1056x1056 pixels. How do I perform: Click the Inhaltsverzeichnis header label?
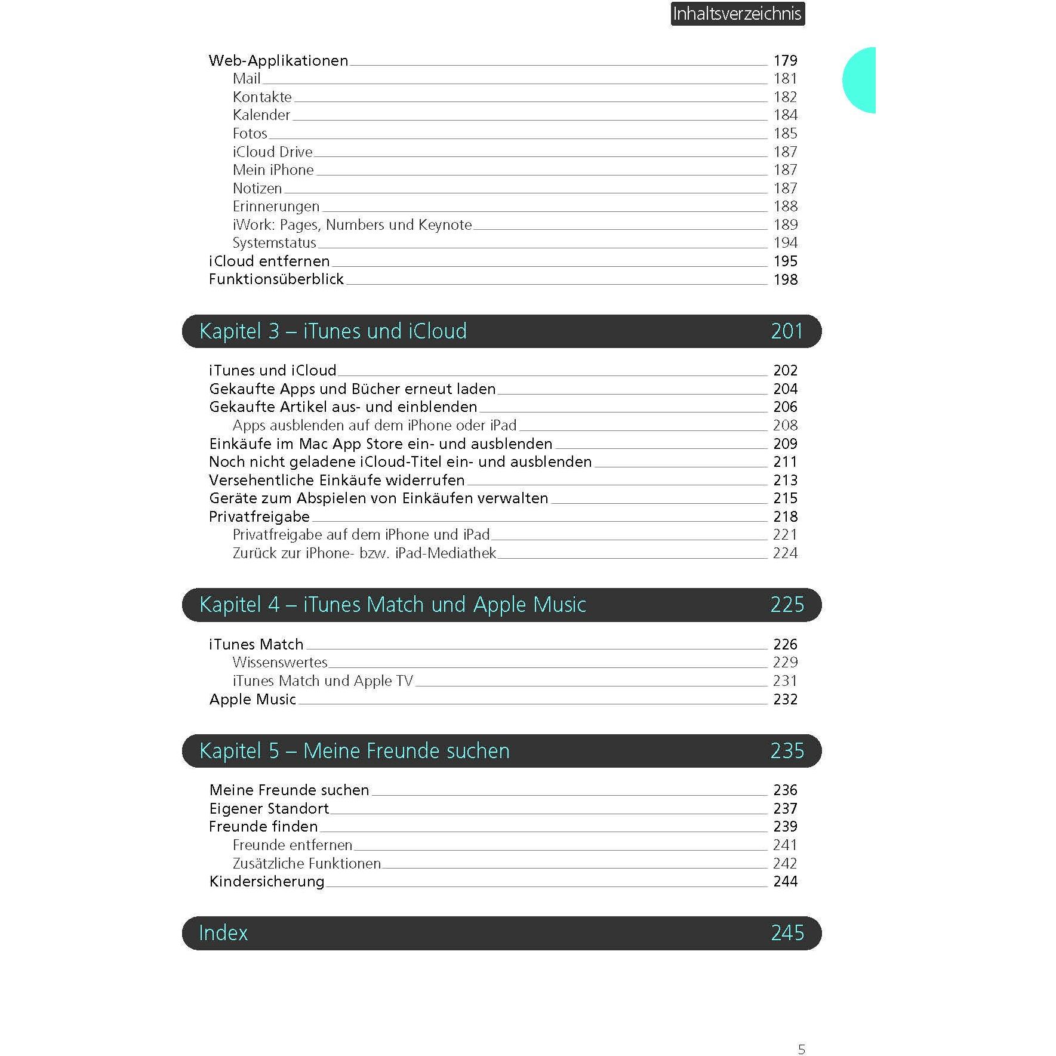point(737,14)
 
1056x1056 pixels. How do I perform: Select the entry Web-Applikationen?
point(278,60)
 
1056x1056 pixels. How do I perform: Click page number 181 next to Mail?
point(785,79)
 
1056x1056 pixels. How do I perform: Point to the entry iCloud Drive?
point(272,152)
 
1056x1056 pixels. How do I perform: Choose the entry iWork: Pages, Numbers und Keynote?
point(352,224)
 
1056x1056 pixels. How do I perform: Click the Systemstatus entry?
point(274,243)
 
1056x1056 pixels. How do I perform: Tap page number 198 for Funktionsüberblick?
point(785,279)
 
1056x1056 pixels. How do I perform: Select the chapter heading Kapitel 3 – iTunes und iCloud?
point(332,331)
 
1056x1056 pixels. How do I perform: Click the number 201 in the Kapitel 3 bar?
point(787,331)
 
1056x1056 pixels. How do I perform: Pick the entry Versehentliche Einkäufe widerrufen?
point(337,480)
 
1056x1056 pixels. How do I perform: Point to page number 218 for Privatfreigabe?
point(785,516)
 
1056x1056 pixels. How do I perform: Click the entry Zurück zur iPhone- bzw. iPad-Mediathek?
point(364,553)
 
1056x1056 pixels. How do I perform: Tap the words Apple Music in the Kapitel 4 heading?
point(529,605)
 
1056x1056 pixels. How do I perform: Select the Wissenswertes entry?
point(280,662)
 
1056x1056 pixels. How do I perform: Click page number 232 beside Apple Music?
point(785,699)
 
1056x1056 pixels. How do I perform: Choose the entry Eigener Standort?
point(269,808)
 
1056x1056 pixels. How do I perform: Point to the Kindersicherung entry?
point(267,881)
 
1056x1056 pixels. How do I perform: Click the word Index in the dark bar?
point(223,933)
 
